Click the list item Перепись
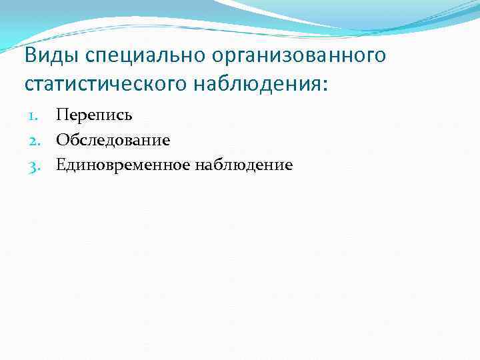click(94, 115)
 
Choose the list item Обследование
click(113, 140)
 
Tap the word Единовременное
click(123, 165)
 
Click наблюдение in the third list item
click(243, 165)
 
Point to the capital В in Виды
click(31, 55)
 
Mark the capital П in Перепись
click(62, 115)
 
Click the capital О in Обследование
click(62, 140)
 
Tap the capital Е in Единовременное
click(61, 165)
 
